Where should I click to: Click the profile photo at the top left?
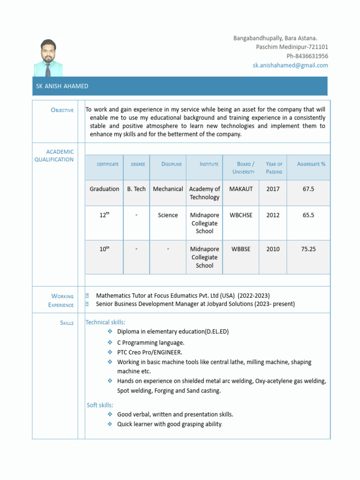coord(48,58)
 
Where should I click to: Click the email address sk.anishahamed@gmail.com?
coord(290,65)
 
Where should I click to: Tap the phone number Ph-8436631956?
coord(307,56)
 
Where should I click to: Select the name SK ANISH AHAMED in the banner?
coord(62,86)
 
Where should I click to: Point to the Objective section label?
coord(62,110)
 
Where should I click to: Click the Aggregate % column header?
coord(311,164)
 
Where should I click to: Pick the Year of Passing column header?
coord(274,168)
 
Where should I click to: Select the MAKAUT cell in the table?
coord(241,189)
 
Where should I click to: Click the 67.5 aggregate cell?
coord(308,189)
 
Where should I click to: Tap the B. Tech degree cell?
coord(136,189)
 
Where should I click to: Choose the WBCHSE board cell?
coord(241,215)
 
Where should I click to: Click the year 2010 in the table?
coord(273,249)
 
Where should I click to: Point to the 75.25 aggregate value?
coord(308,249)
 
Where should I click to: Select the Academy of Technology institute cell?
coord(204,193)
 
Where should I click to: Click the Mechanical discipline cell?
coord(168,189)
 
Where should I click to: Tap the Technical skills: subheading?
coord(105,322)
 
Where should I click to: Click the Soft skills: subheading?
coord(100,405)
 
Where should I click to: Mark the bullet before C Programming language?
coord(110,343)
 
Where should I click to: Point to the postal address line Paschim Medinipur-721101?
coord(292,47)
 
